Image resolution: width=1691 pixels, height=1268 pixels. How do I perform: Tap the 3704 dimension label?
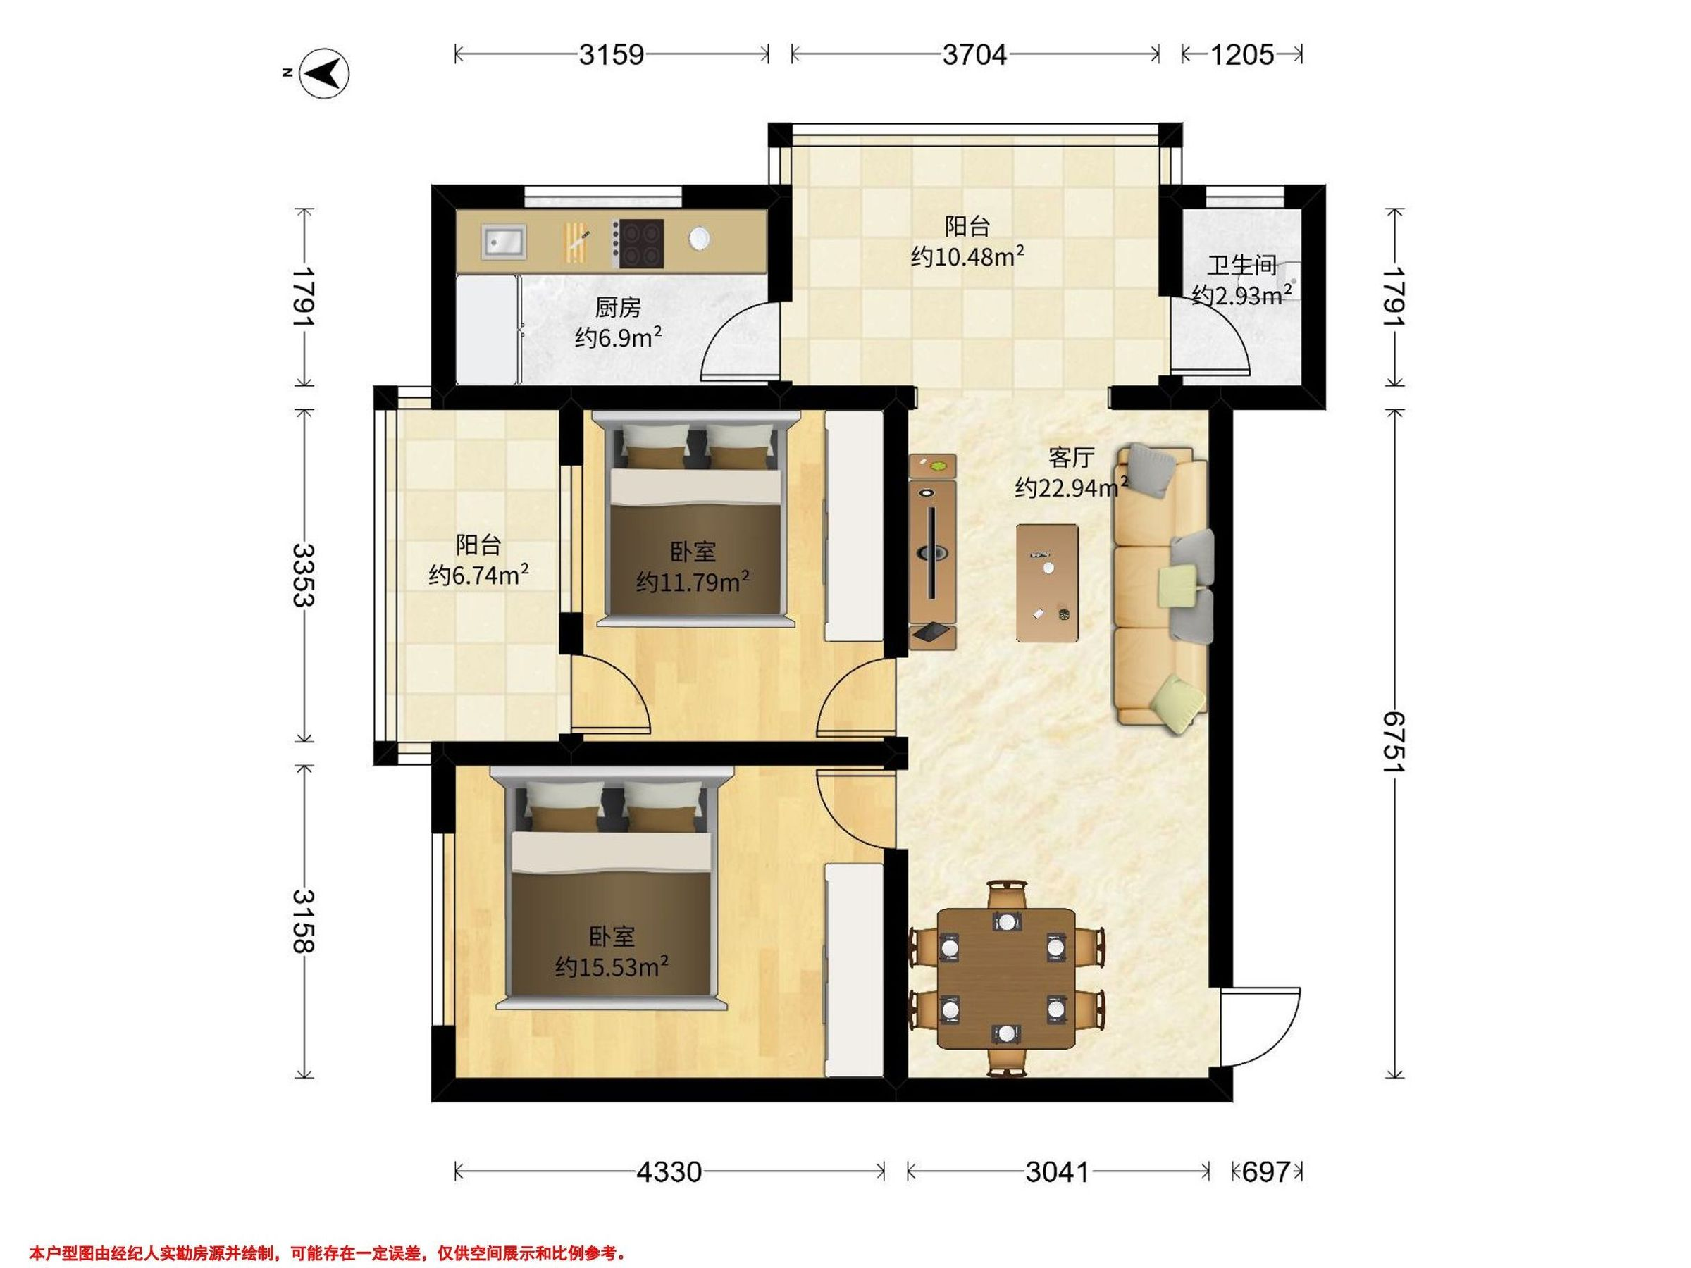point(974,55)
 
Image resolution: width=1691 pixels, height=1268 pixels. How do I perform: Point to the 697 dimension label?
point(1265,1171)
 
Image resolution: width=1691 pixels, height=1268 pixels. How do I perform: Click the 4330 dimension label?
point(669,1171)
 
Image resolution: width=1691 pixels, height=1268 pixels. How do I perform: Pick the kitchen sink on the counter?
point(504,242)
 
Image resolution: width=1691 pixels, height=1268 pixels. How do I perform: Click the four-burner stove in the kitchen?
point(640,244)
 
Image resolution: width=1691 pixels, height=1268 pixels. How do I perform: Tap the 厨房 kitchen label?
point(618,308)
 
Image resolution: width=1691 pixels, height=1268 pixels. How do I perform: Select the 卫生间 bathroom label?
point(1242,266)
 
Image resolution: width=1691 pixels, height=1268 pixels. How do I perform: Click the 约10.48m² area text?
point(968,256)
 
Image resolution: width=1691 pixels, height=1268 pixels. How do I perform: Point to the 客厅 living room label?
point(1070,458)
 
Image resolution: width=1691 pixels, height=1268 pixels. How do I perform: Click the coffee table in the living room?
point(1047,583)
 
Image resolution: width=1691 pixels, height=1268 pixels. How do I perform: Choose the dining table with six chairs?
point(1006,978)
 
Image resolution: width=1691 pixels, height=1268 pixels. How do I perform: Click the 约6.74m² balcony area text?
point(479,574)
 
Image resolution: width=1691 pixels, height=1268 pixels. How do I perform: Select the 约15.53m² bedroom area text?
point(612,967)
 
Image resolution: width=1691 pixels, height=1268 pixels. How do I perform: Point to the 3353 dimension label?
point(304,575)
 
